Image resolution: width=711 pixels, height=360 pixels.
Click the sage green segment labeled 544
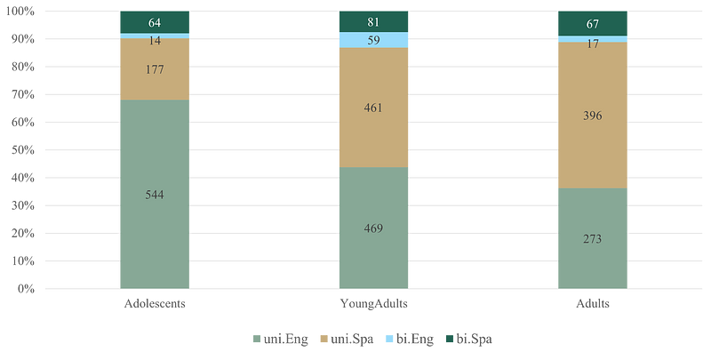click(155, 194)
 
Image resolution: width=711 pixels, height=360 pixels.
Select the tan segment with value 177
click(155, 69)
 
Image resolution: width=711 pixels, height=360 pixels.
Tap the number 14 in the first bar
click(155, 40)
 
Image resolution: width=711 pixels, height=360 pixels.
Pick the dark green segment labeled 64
click(155, 22)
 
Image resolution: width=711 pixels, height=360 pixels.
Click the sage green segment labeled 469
click(373, 228)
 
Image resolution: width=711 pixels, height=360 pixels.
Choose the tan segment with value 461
click(373, 108)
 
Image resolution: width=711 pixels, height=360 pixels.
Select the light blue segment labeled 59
click(373, 40)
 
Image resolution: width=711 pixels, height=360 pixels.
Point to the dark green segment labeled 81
click(373, 22)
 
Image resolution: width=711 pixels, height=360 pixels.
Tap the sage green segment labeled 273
click(593, 238)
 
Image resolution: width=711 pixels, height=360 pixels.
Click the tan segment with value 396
click(593, 116)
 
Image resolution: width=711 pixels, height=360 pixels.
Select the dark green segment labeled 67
click(593, 23)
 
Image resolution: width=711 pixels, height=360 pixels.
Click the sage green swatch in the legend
click(257, 339)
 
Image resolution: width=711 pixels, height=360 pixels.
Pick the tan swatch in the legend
click(324, 339)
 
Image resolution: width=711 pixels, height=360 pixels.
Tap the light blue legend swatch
click(389, 339)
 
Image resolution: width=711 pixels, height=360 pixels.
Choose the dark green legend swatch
click(449, 339)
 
